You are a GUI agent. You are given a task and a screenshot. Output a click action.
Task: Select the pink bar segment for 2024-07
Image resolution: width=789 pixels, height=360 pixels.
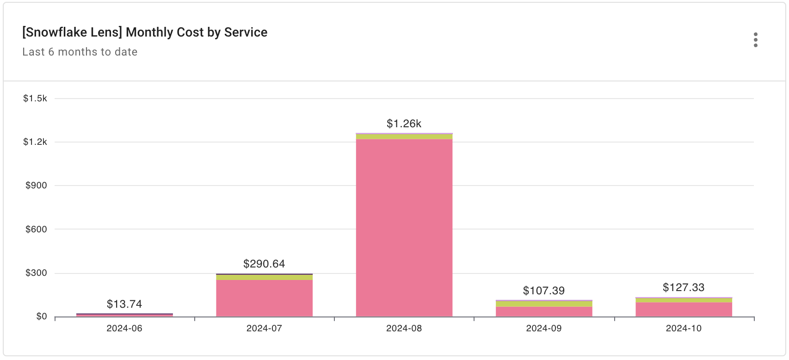[264, 298]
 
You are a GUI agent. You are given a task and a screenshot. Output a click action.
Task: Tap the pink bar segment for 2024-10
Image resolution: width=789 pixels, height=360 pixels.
[684, 310]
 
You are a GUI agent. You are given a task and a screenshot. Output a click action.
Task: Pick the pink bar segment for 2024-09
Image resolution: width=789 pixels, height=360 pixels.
[544, 311]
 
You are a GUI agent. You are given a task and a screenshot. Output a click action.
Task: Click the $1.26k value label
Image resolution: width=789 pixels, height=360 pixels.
[404, 124]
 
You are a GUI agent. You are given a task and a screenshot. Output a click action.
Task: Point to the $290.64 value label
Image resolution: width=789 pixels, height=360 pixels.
[264, 264]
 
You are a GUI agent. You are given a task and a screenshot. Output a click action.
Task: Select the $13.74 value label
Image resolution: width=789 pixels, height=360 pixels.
[124, 304]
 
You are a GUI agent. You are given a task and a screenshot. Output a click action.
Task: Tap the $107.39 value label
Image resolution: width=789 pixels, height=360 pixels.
[544, 291]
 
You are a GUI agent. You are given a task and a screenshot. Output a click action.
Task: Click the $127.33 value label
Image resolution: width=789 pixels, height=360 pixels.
[684, 287]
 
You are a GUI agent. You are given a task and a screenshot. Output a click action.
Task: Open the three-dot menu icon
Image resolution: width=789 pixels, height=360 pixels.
[755, 40]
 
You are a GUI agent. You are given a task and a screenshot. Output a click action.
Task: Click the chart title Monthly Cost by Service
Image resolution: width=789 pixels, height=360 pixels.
[145, 32]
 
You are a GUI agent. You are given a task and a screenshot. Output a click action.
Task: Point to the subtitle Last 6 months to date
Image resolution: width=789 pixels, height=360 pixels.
[80, 52]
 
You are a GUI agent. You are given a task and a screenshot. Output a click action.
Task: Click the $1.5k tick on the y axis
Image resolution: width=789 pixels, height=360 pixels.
[35, 99]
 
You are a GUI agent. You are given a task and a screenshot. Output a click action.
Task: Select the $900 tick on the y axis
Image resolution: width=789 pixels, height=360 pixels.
[36, 186]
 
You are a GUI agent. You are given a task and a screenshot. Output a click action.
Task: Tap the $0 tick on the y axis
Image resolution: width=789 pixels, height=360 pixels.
[42, 317]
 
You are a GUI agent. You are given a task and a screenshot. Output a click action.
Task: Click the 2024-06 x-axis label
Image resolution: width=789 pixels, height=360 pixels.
[124, 329]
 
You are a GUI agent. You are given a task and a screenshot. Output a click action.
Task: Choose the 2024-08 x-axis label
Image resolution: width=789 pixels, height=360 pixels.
[404, 329]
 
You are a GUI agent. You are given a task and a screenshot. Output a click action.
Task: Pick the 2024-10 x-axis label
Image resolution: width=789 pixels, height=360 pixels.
[684, 329]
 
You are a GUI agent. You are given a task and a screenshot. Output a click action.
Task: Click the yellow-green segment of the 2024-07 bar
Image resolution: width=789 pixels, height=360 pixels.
[264, 277]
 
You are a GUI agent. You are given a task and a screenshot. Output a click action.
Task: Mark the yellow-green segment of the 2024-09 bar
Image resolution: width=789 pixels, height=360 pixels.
[544, 304]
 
